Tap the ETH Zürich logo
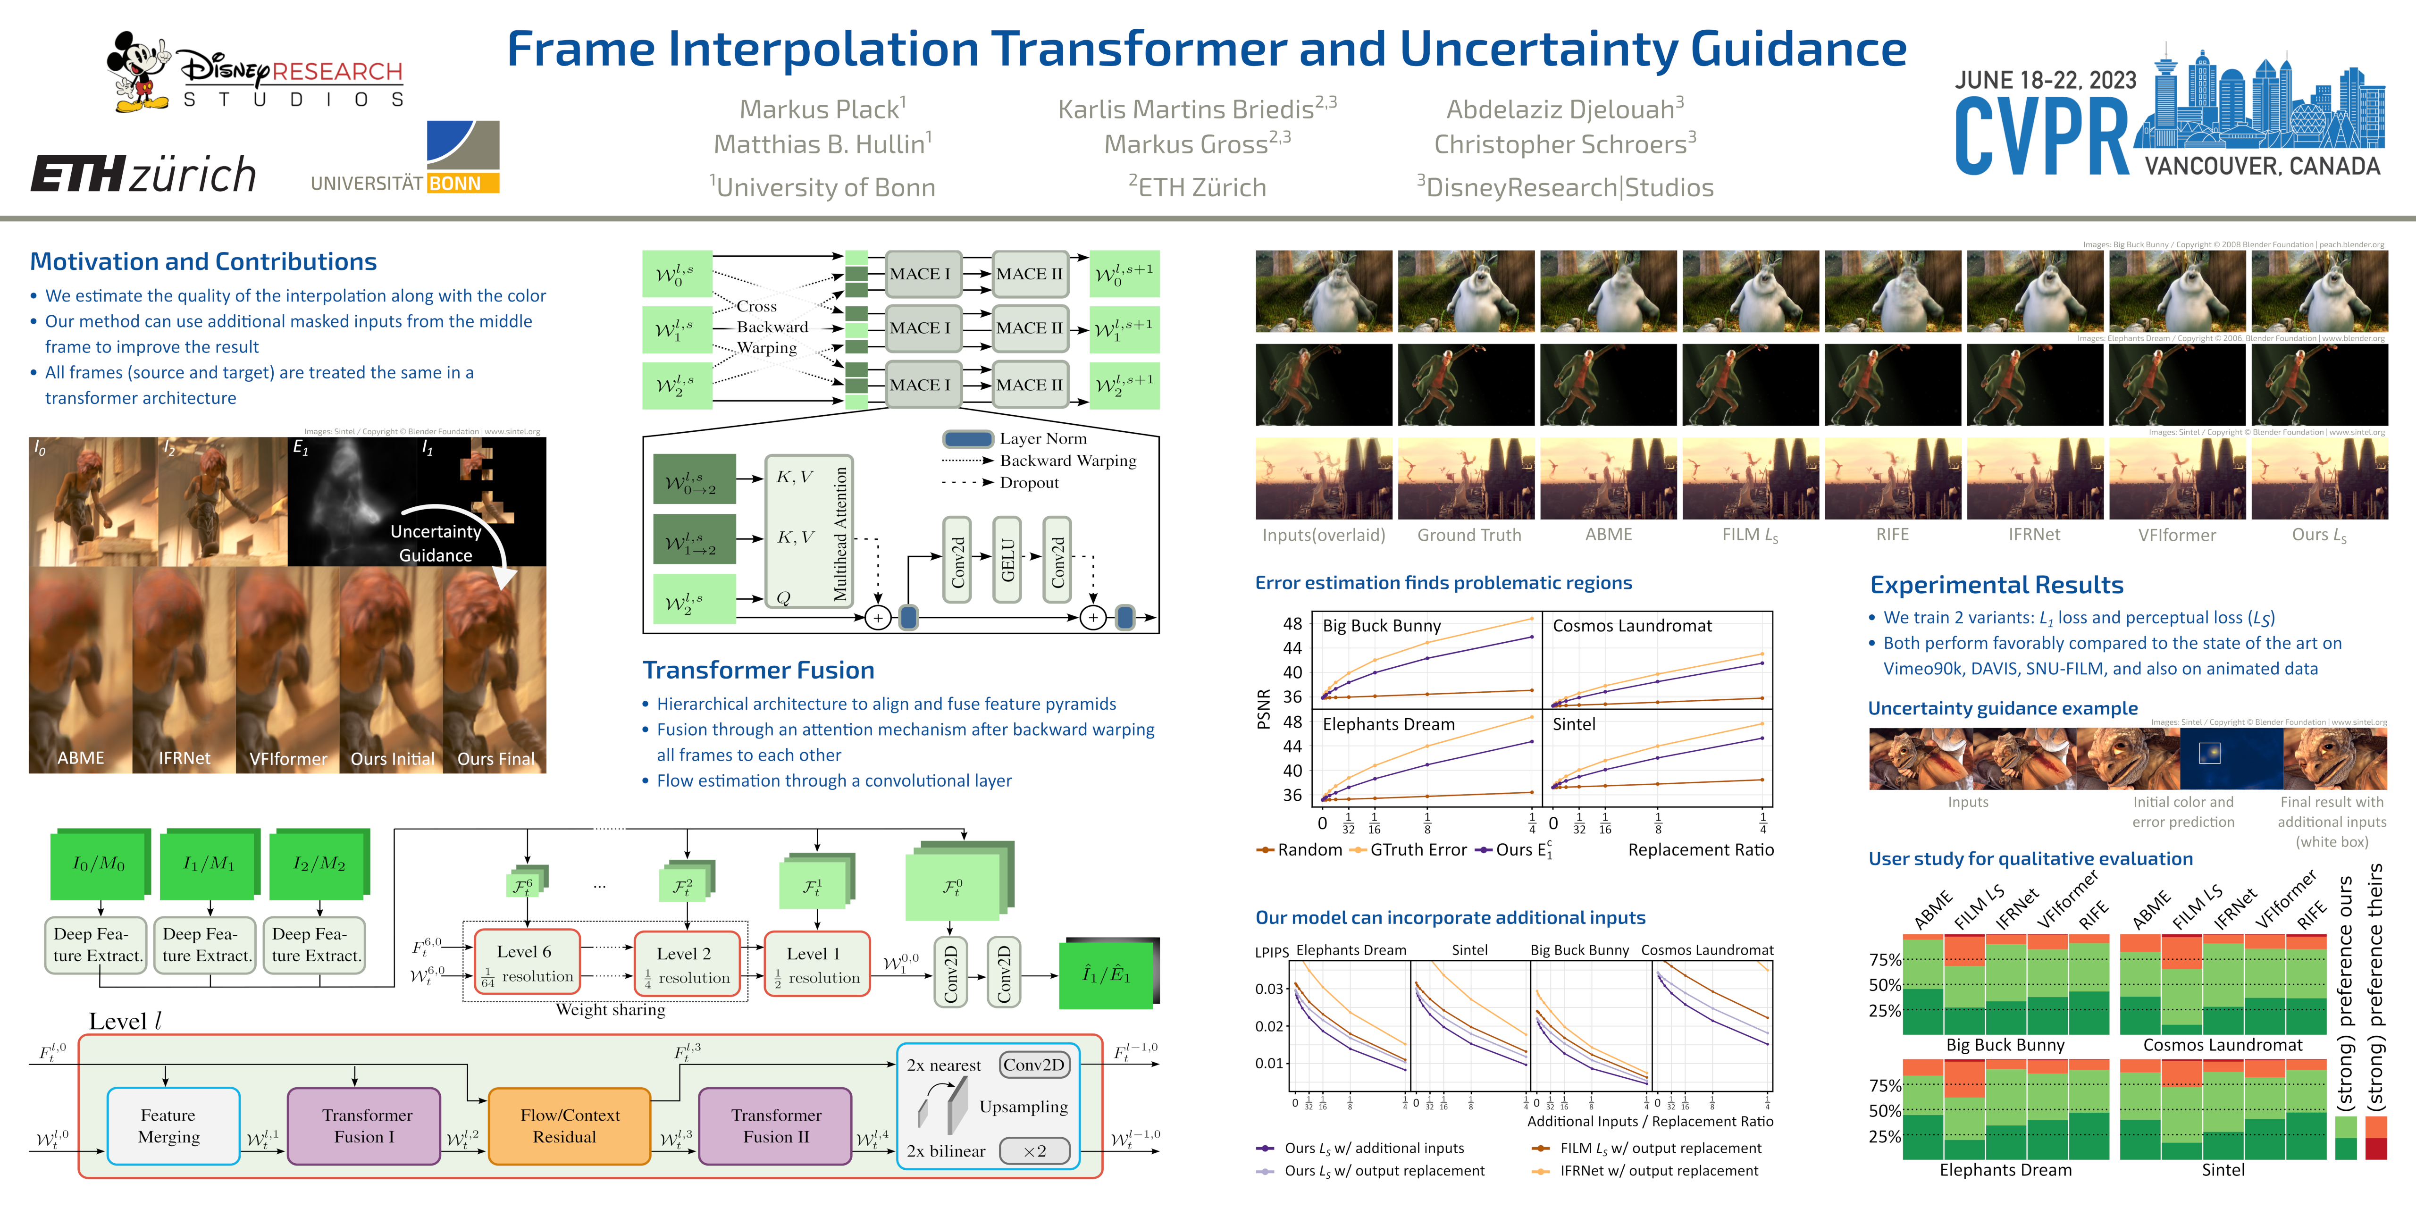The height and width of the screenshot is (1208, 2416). (143, 175)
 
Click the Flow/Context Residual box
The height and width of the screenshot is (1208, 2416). (569, 1125)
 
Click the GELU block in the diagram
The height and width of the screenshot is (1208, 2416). (1007, 560)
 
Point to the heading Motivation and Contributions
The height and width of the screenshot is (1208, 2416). (203, 262)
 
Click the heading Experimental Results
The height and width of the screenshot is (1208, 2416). (1996, 585)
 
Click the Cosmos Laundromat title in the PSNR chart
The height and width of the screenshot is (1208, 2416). (1632, 626)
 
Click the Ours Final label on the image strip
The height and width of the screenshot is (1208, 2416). (495, 759)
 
